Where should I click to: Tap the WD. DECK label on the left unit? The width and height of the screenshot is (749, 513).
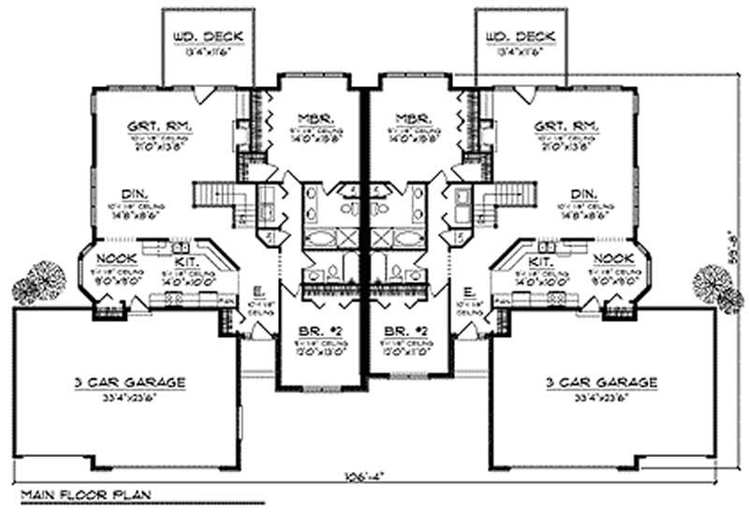pyautogui.click(x=208, y=37)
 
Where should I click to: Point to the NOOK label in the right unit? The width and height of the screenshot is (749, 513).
pyautogui.click(x=614, y=257)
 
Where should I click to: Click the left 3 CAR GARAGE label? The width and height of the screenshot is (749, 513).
pyautogui.click(x=130, y=382)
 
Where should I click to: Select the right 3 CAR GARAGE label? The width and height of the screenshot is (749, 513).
pyautogui.click(x=601, y=382)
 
